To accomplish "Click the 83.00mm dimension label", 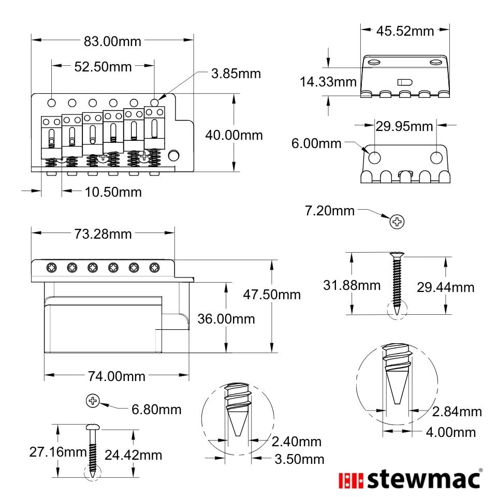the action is coord(112,41).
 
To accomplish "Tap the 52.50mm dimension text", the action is coord(103,67).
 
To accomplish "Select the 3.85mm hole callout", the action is coord(236,74).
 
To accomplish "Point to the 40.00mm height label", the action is coord(234,135).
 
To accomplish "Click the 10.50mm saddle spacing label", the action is coord(113,192).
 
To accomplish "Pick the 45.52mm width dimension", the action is coord(405,31).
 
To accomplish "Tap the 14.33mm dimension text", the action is coord(328,82).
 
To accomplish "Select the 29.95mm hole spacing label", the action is coord(404,126).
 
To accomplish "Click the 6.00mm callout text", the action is coord(316,143).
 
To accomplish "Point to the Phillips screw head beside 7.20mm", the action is coord(397,222).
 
